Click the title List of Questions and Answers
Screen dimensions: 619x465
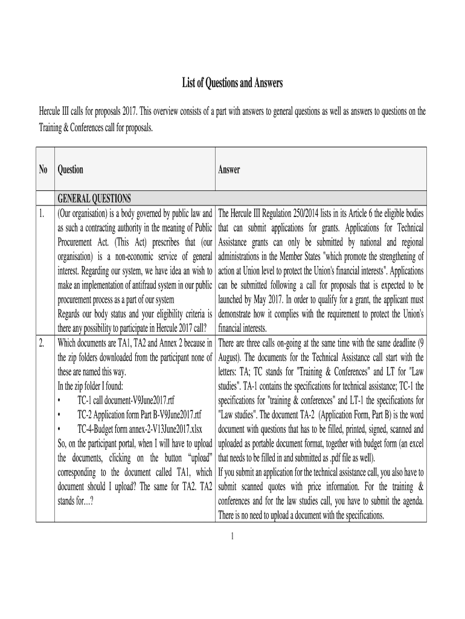232,83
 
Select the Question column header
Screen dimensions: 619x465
70,170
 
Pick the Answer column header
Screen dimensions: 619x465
229,170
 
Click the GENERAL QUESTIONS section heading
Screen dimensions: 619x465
94,199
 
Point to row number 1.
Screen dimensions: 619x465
41,213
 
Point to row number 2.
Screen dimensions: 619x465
41,343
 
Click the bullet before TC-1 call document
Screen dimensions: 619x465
59,400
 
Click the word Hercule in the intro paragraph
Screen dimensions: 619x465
51,111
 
